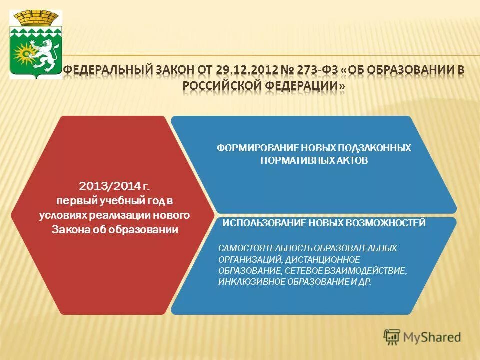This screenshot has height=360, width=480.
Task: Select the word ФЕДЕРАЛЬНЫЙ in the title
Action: click(x=106, y=69)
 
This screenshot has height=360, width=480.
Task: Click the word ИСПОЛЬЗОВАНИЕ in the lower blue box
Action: click(x=259, y=223)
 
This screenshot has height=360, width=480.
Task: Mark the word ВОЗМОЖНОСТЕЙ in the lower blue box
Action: click(x=387, y=223)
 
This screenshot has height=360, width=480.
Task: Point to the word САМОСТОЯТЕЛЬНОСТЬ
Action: click(x=262, y=248)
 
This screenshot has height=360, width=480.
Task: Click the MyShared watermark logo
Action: click(x=422, y=337)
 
